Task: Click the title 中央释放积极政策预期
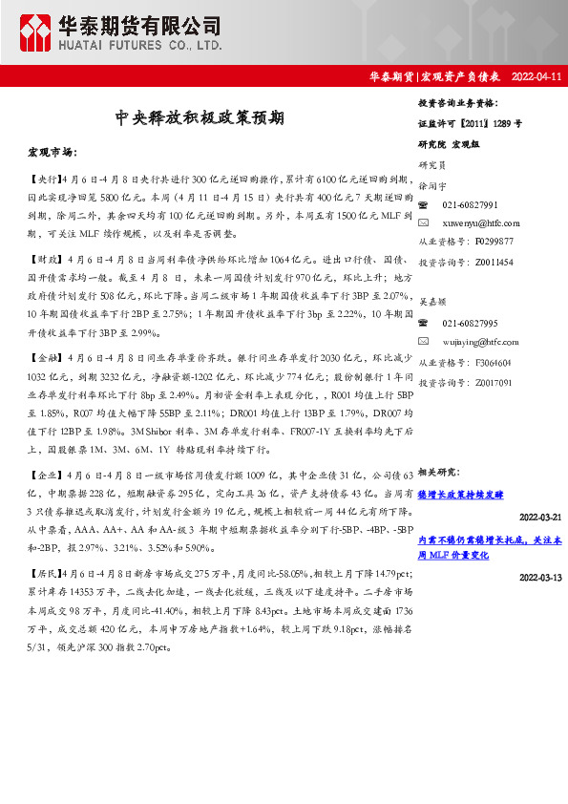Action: coord(200,118)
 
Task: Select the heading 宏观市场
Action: coord(53,153)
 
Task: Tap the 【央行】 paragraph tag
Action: coord(43,179)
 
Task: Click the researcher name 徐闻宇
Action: coord(432,187)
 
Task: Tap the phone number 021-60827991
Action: coord(470,205)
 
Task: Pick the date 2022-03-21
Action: coord(540,517)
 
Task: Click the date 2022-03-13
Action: coord(540,578)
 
